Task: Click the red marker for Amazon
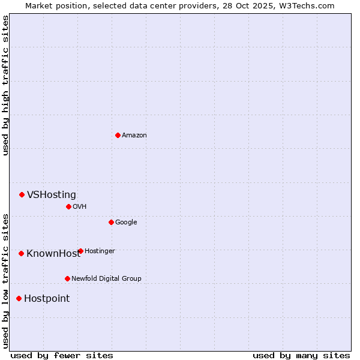click(118, 135)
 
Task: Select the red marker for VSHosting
click(22, 194)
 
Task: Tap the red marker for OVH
click(68, 206)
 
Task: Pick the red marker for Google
click(111, 222)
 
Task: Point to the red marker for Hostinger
click(80, 251)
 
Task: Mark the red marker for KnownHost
click(21, 253)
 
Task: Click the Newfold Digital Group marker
click(67, 278)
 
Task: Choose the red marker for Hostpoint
click(19, 298)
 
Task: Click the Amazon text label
click(134, 135)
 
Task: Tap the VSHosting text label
click(52, 194)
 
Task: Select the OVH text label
click(80, 206)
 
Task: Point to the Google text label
click(126, 222)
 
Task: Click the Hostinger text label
click(100, 251)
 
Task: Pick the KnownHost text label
click(53, 253)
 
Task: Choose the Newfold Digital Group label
click(106, 278)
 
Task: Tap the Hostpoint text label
click(47, 298)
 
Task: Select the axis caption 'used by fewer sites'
click(62, 355)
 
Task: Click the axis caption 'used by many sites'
click(301, 355)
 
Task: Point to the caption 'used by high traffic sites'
click(5, 85)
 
